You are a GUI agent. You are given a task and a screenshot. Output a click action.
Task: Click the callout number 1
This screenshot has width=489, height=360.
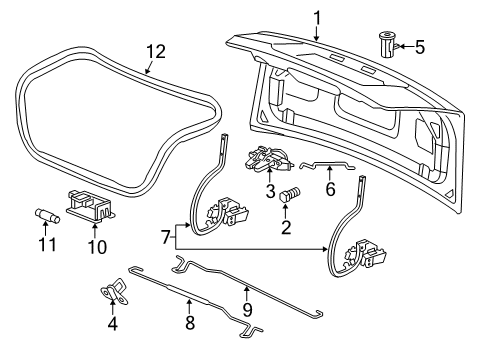(x=317, y=17)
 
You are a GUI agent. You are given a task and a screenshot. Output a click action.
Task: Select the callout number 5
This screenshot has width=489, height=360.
(x=419, y=46)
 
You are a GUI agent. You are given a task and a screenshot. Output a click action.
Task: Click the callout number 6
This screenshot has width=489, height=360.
(x=330, y=190)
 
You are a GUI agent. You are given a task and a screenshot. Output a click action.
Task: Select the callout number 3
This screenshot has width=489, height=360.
(x=268, y=191)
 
